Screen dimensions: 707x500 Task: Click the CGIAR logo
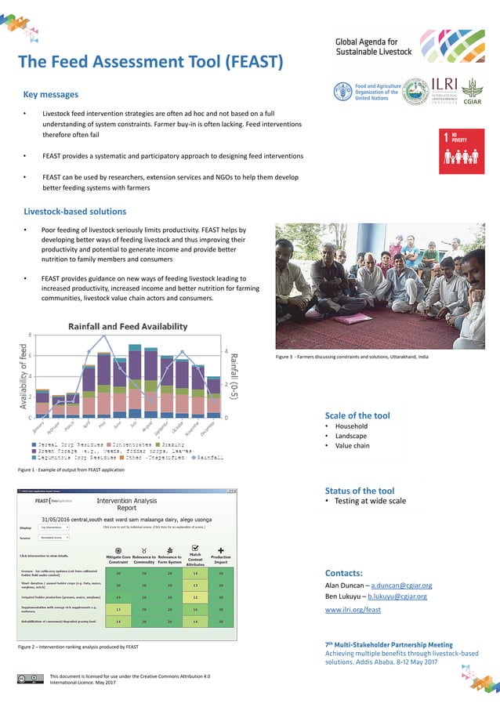470,92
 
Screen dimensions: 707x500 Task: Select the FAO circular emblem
342,91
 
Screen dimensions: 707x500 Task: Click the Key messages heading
51,95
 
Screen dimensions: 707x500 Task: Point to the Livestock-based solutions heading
75,211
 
